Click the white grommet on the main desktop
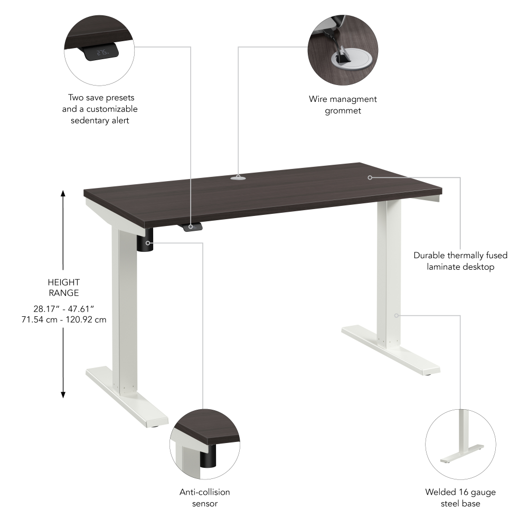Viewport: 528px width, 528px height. tap(238, 178)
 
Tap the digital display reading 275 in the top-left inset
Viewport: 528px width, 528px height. tap(102, 52)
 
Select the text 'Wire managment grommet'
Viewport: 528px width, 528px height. tap(343, 105)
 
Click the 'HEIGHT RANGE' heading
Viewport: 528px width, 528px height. tap(64, 287)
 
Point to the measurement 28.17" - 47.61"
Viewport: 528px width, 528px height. tap(63, 308)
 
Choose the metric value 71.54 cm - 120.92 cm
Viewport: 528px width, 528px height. tap(63, 319)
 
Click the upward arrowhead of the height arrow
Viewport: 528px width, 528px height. tap(63, 193)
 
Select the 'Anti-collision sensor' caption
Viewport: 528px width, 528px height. tap(205, 497)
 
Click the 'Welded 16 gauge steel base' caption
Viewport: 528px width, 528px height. tap(460, 498)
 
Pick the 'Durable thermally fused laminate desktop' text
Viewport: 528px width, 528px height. tap(460, 261)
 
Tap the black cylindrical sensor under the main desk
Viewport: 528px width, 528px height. tap(146, 241)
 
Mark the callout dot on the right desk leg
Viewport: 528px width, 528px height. tap(396, 315)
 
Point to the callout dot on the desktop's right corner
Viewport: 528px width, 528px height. tap(370, 177)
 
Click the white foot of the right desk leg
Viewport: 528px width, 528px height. tap(391, 351)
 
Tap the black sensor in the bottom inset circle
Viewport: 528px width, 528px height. tap(209, 456)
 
